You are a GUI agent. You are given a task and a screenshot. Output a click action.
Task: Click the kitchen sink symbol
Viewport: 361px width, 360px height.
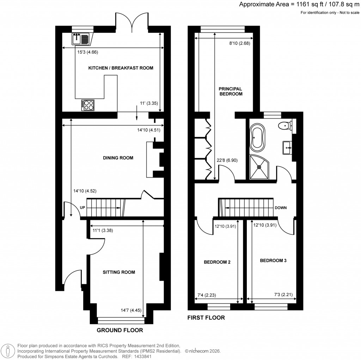[81, 39]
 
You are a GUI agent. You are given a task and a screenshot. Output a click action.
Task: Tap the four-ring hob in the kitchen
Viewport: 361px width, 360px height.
[88, 104]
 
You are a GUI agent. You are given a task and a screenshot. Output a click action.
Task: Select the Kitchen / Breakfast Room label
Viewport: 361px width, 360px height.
[121, 68]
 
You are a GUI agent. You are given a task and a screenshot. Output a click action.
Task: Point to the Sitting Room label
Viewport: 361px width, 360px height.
[119, 272]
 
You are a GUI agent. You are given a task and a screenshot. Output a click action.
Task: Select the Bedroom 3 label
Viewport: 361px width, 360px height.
[273, 261]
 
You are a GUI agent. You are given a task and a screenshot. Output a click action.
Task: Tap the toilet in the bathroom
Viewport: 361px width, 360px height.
[284, 125]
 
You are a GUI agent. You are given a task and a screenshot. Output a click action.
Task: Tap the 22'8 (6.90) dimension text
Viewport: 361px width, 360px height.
[227, 160]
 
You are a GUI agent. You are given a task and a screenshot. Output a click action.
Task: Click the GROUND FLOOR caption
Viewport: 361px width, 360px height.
[120, 330]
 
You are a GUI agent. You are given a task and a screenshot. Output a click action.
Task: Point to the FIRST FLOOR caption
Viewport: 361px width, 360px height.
[206, 318]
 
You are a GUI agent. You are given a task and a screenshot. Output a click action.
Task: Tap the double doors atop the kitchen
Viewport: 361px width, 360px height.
[131, 22]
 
